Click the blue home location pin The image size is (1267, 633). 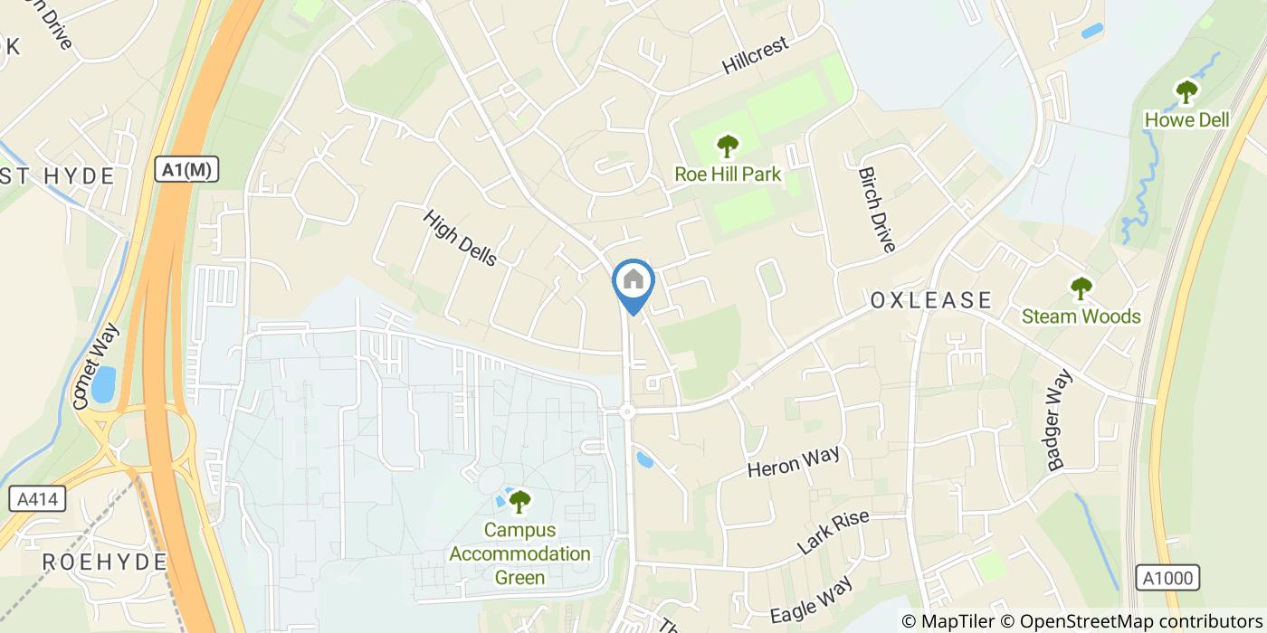tap(633, 283)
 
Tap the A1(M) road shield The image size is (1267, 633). tap(187, 169)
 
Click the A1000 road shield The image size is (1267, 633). tap(1167, 578)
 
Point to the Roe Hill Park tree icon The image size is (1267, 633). tap(727, 146)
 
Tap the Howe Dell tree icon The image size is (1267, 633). tap(1186, 91)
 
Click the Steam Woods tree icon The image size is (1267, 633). tap(1081, 288)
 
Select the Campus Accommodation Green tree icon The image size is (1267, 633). tap(519, 501)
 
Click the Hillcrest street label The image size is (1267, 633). tap(757, 56)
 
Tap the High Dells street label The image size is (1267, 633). tap(461, 238)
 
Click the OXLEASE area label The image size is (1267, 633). tap(931, 300)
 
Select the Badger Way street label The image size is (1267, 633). tap(1059, 420)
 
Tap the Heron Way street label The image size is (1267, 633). tap(794, 462)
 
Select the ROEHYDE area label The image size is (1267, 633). tap(105, 562)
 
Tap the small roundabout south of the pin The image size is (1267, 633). tap(627, 411)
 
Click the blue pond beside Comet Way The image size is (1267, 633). tap(102, 384)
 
